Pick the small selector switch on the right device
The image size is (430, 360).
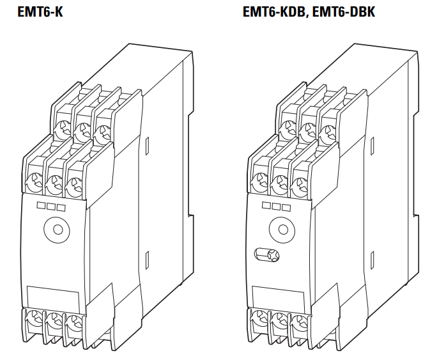(265, 254)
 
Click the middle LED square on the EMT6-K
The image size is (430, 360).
(51, 207)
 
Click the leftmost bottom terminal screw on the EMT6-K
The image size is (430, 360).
(33, 318)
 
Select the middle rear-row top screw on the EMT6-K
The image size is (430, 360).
(81, 132)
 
